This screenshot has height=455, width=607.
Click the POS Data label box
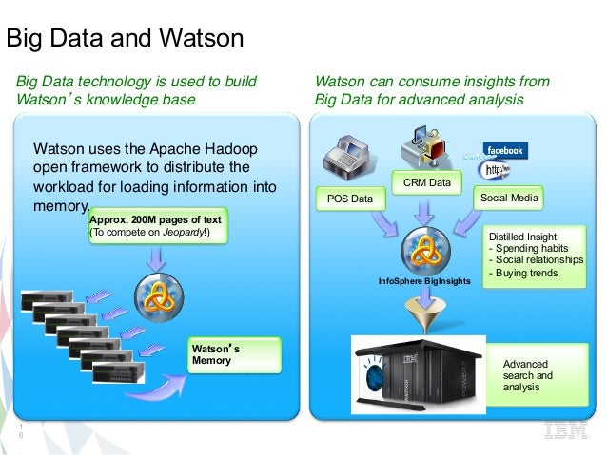[x=344, y=199]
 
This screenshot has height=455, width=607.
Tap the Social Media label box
[x=508, y=198]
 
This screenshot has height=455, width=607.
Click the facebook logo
[x=504, y=151]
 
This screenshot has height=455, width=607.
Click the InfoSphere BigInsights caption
[x=424, y=282]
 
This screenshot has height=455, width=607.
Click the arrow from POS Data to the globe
[x=386, y=225]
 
